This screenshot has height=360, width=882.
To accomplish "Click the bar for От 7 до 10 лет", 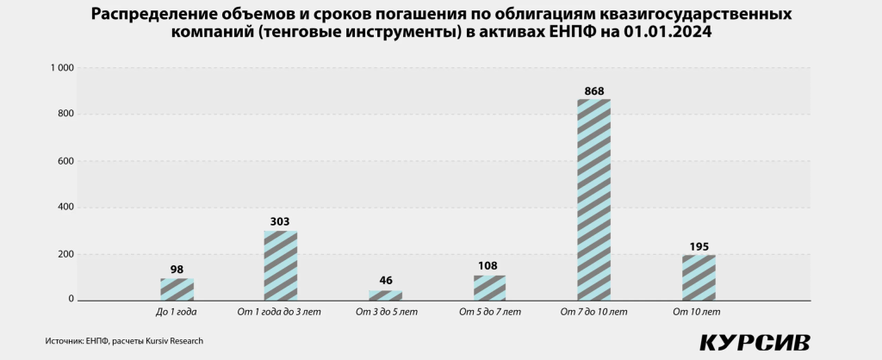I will (594, 200).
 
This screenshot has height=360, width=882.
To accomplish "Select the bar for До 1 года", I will (177, 289).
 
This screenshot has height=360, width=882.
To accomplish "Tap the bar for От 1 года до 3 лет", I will (281, 265).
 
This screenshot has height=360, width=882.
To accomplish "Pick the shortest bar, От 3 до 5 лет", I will (385, 295).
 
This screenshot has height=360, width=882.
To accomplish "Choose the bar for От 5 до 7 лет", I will (489, 288).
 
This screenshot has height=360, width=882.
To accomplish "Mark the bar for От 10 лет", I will (699, 277).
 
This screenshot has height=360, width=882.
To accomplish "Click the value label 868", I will (594, 90).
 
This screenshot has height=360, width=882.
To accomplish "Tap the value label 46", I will (385, 281).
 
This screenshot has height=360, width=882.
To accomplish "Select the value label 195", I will (699, 246).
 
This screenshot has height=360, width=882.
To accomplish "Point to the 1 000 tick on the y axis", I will (62, 67).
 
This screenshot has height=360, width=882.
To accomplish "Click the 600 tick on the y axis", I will (65, 160).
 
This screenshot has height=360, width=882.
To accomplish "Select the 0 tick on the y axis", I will (71, 300).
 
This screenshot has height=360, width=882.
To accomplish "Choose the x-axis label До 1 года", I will (177, 311).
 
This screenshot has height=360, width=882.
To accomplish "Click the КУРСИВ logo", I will (755, 341).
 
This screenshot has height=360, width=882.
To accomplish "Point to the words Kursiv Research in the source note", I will (173, 341).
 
